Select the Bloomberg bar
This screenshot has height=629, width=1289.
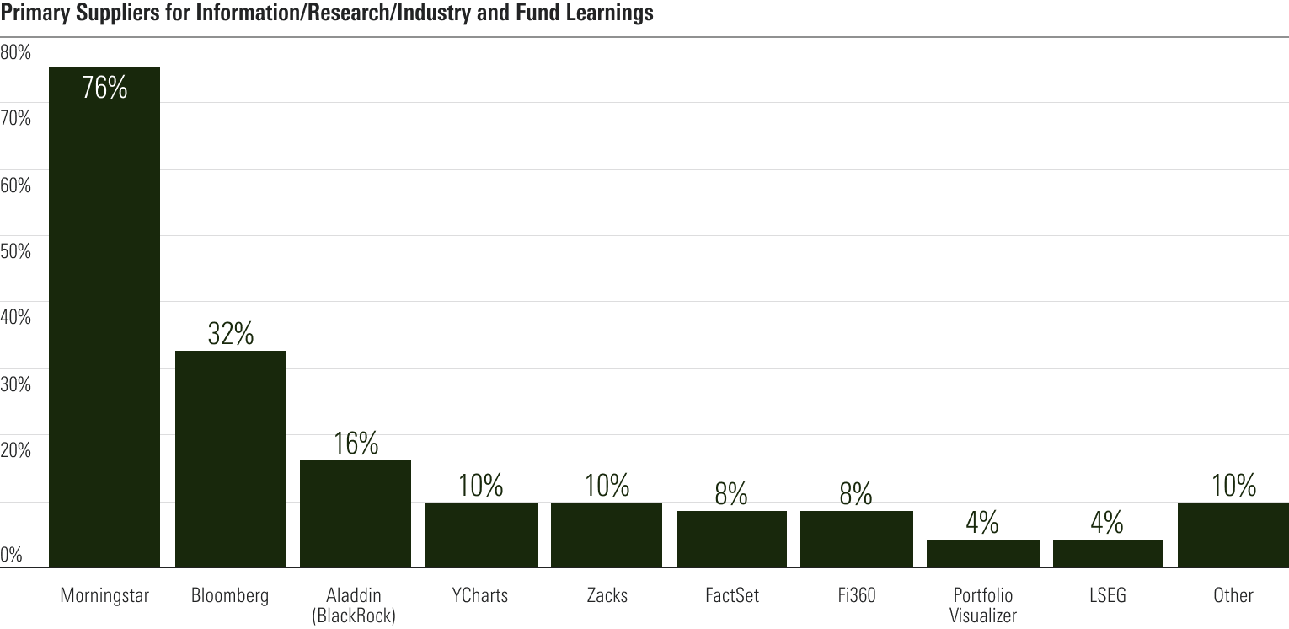[231, 460]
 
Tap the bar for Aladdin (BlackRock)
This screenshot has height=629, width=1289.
[356, 513]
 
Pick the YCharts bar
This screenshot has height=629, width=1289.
[481, 535]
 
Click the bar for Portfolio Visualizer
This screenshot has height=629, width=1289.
[982, 553]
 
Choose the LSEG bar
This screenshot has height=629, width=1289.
[1107, 553]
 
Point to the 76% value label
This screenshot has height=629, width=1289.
[104, 88]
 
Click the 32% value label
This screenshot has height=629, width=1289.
[231, 335]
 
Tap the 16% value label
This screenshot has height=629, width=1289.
[356, 444]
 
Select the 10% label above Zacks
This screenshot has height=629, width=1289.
[607, 486]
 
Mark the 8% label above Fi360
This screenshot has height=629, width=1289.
[856, 494]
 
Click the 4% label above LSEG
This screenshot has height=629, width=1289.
[1107, 523]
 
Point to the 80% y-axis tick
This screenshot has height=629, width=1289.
[16, 52]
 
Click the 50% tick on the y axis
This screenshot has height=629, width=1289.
[16, 251]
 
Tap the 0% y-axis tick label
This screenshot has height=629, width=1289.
[12, 555]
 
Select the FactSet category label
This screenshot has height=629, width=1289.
[731, 595]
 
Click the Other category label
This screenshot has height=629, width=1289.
[1233, 595]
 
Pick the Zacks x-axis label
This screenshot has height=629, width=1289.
[607, 595]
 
